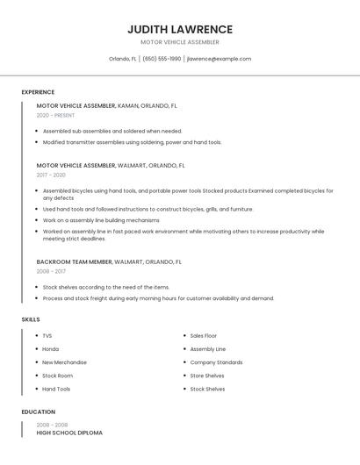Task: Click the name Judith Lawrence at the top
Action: (180, 29)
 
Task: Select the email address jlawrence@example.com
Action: (219, 59)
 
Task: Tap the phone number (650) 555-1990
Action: (162, 59)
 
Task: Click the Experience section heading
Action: (38, 92)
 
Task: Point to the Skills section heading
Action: (31, 319)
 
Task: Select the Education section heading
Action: (38, 411)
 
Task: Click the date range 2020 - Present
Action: (55, 115)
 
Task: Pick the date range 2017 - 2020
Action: (51, 175)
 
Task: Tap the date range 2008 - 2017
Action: (51, 271)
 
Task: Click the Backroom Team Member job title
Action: (75, 261)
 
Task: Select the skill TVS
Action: (47, 335)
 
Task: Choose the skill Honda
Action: (50, 348)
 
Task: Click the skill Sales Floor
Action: (204, 335)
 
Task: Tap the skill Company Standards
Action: (216, 361)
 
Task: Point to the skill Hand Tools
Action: (56, 389)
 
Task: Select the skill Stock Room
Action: (57, 376)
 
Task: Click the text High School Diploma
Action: (69, 433)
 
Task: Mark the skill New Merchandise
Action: (64, 361)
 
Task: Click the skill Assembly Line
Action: (208, 348)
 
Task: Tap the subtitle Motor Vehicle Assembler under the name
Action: (180, 42)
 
